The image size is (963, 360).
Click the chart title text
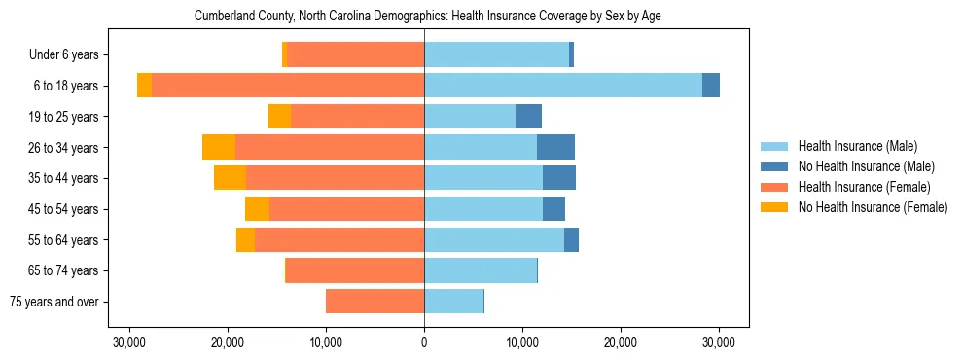(427, 17)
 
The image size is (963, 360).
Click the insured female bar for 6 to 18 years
(288, 86)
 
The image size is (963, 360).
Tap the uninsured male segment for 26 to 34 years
(555, 147)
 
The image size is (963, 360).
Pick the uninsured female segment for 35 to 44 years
(230, 178)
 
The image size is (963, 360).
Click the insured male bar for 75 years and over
(453, 302)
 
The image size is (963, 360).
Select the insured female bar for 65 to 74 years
(355, 270)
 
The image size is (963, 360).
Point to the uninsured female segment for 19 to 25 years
(279, 117)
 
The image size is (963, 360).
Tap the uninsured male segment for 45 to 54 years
(553, 209)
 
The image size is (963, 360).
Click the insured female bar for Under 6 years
(355, 54)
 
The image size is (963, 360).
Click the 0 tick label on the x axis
(424, 342)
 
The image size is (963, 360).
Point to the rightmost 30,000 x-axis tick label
(718, 342)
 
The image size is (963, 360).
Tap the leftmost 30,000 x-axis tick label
(129, 342)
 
